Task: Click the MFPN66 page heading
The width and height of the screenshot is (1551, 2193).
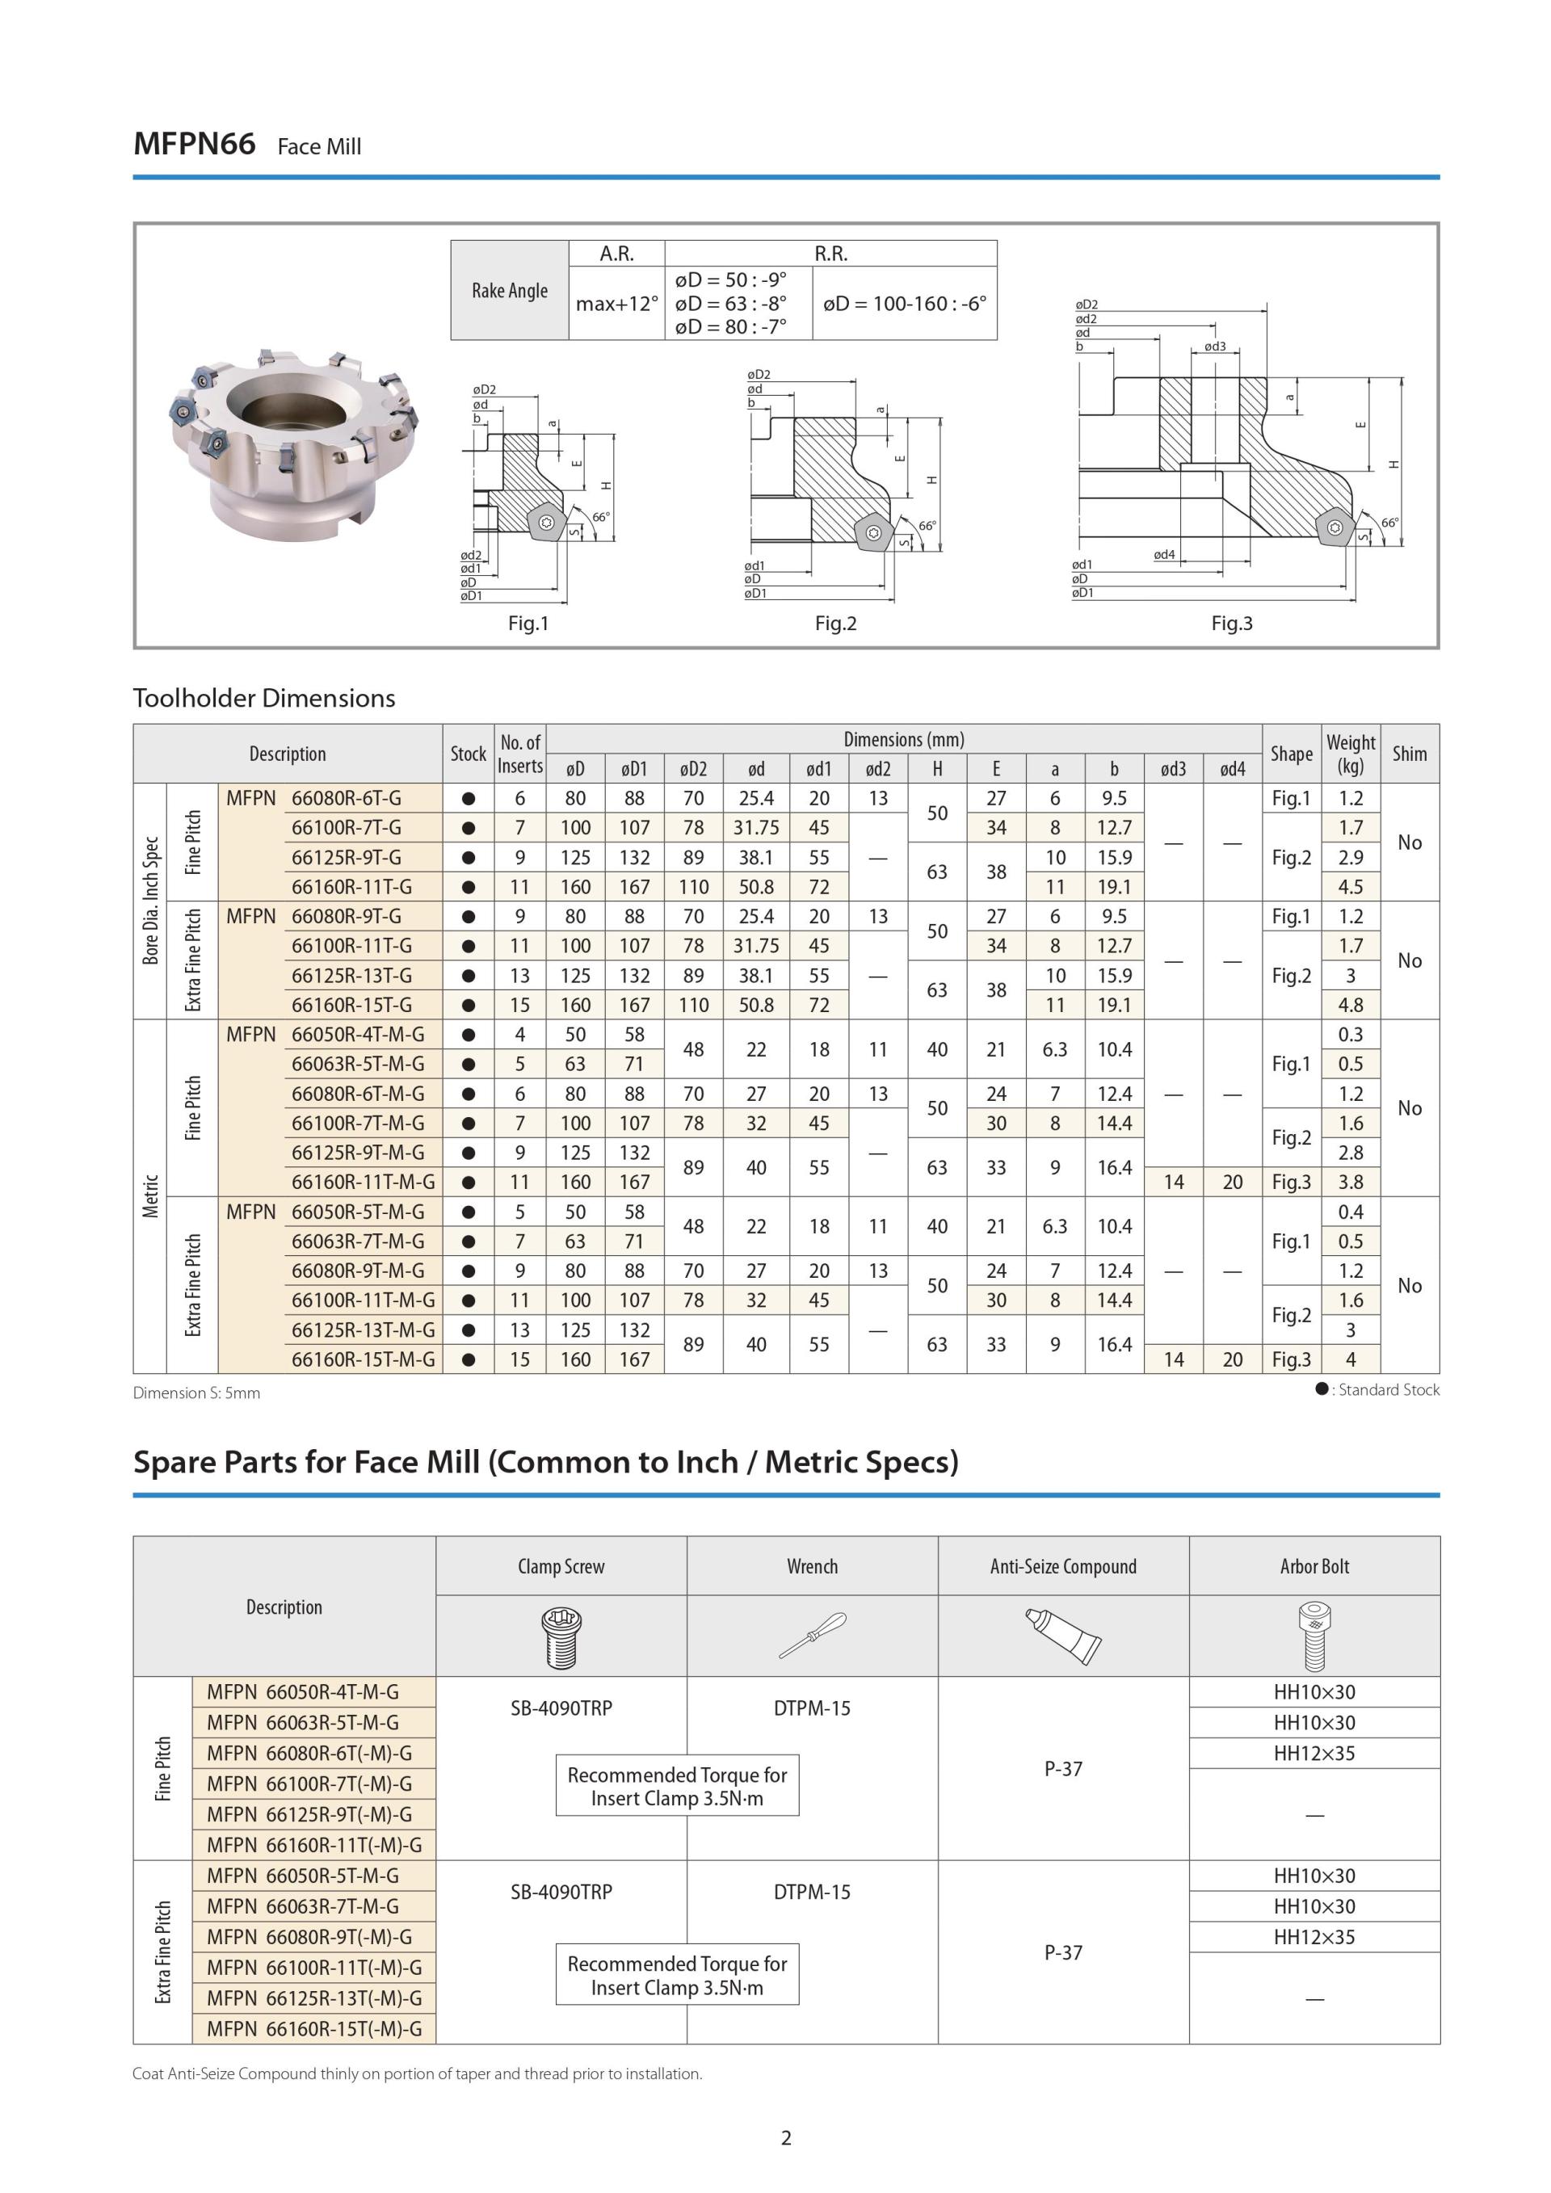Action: [x=194, y=145]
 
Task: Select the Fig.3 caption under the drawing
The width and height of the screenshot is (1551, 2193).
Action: [x=1231, y=623]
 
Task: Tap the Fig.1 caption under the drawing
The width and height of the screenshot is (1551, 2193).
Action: [x=528, y=623]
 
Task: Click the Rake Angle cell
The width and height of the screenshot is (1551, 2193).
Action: [x=509, y=290]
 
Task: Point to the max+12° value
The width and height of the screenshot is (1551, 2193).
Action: [x=616, y=304]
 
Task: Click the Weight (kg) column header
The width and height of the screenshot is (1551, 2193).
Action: [x=1350, y=754]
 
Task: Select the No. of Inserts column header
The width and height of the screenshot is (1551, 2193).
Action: [x=519, y=754]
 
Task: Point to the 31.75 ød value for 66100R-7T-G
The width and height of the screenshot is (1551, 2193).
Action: [x=755, y=827]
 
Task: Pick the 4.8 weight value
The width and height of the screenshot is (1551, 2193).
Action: [x=1350, y=1005]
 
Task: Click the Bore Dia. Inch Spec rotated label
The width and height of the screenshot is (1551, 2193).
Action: [x=150, y=901]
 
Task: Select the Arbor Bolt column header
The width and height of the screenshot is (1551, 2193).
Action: [x=1314, y=1565]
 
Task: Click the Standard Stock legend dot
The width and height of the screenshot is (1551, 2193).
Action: [x=1322, y=1388]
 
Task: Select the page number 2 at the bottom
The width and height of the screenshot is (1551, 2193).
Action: [x=786, y=2137]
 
